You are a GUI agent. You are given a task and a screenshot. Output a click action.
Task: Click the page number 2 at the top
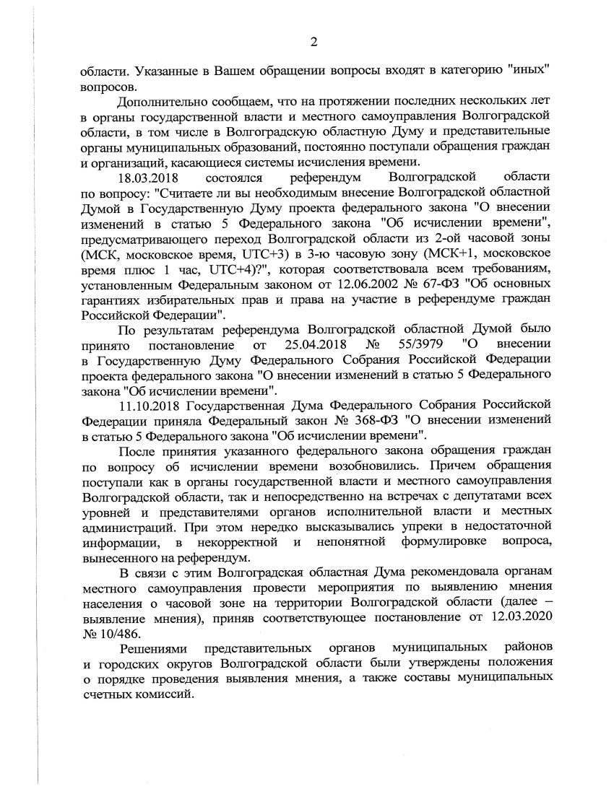click(314, 41)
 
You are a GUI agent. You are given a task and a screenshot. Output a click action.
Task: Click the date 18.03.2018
click(150, 177)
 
